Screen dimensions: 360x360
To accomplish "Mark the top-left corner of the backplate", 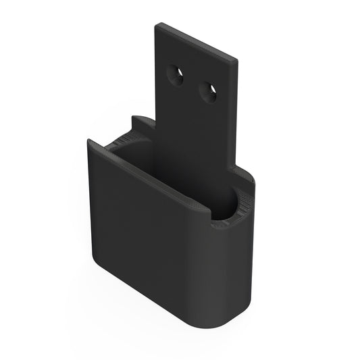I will click(157, 25).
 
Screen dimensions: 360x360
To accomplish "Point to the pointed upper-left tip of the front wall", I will click(88, 140).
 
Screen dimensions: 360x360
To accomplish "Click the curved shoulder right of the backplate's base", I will click(245, 177).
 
